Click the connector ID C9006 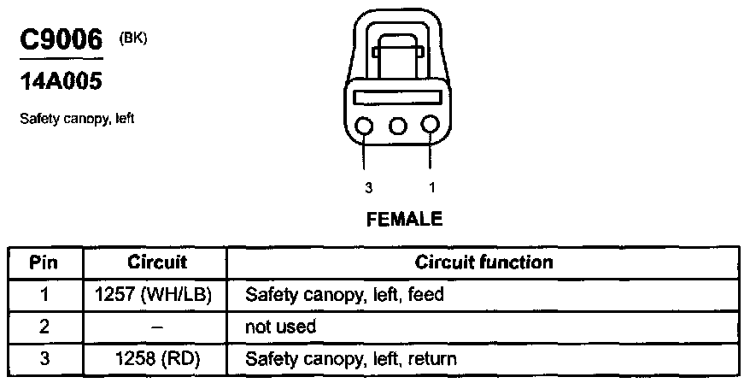coord(60,39)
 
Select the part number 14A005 coord(60,82)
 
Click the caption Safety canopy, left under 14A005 coord(77,119)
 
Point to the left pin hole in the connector coord(365,127)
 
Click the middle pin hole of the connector coord(397,127)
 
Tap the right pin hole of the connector coord(430,127)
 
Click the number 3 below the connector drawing coord(368,188)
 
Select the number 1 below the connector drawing coord(431,188)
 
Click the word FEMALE coord(404,220)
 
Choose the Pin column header coord(44,262)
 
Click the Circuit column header coord(156,262)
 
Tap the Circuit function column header coord(483,262)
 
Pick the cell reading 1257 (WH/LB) coord(156,294)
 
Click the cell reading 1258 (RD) coord(156,358)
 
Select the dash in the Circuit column coord(156,327)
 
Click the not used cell coord(281,327)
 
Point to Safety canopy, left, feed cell coord(344,294)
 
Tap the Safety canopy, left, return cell coord(351,358)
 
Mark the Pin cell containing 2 coord(44,327)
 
